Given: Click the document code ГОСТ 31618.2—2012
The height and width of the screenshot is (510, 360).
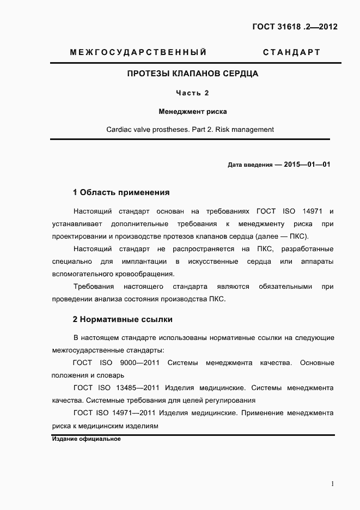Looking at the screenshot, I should click(x=295, y=26).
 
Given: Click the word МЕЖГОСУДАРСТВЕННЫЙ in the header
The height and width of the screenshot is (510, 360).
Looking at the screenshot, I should click(x=138, y=52).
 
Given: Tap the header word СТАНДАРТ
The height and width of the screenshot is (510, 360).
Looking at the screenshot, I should click(x=291, y=52).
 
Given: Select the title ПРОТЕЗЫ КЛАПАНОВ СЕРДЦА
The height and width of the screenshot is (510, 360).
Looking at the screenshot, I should click(x=192, y=73).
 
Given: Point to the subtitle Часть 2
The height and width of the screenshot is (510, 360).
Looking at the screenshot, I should click(x=192, y=93).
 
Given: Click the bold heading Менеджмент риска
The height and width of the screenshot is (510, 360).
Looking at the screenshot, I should click(x=192, y=112).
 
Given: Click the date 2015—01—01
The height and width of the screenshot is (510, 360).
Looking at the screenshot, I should click(x=307, y=164).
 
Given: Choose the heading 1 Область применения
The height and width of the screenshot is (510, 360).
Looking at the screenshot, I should click(x=121, y=192).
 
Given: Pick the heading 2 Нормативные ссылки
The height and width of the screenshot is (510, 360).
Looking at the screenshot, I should click(x=123, y=319).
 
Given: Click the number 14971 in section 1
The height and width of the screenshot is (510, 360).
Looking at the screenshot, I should click(x=310, y=211).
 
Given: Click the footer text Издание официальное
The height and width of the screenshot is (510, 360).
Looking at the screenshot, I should click(x=86, y=439).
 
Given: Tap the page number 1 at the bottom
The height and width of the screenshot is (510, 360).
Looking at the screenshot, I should click(x=332, y=483).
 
